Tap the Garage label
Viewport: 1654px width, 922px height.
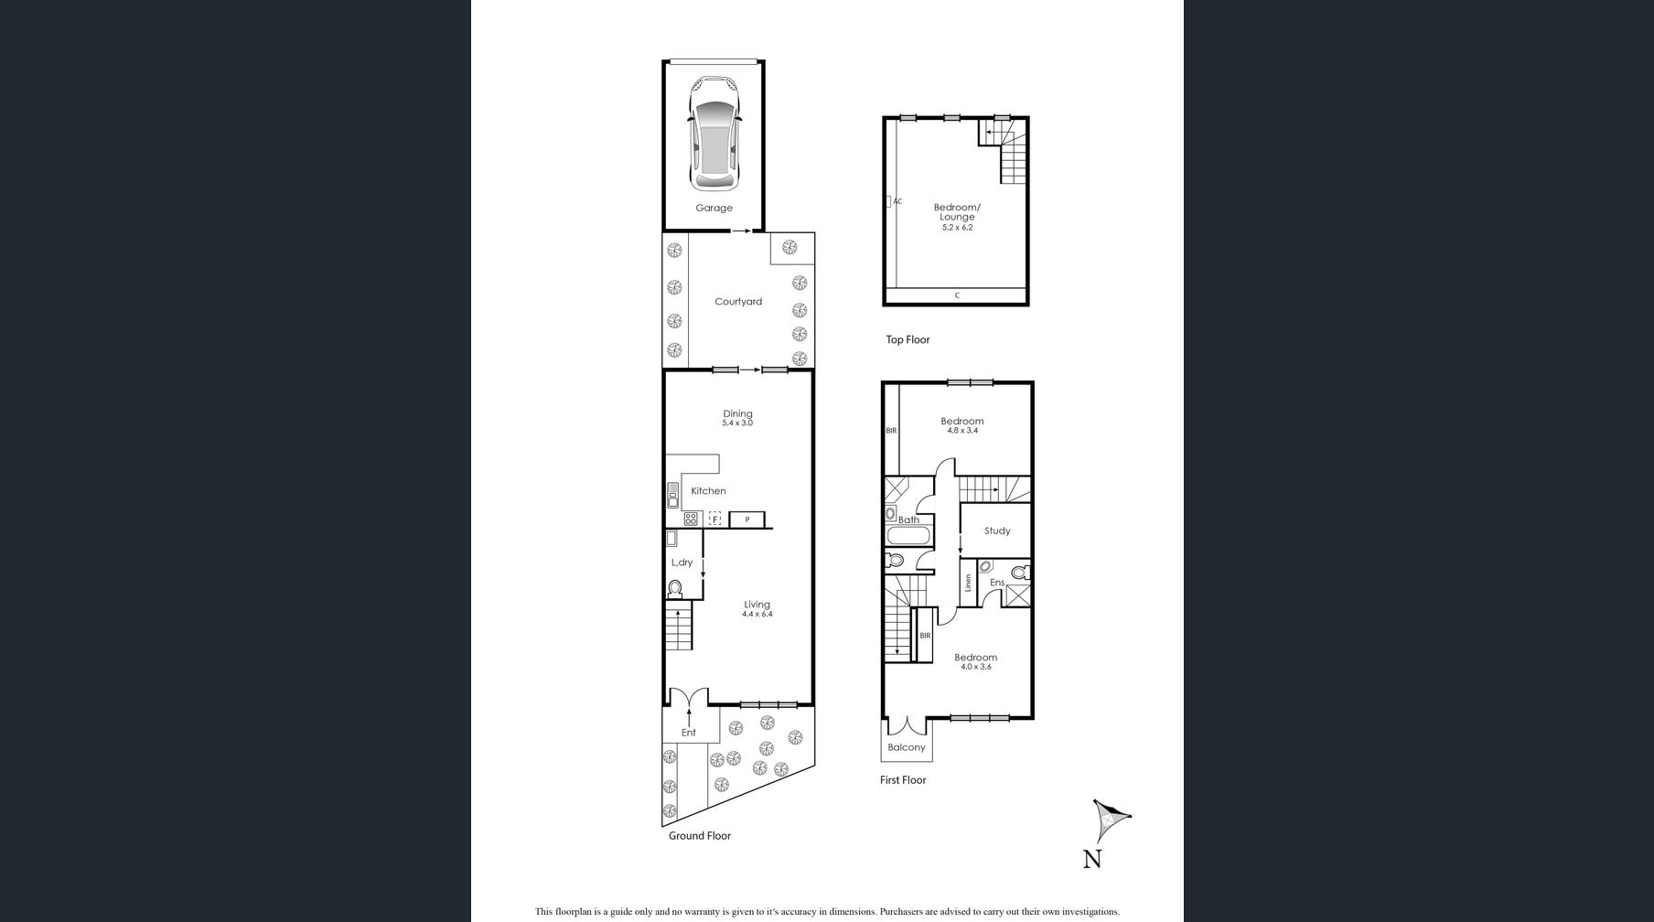point(714,208)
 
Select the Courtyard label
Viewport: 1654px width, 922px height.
point(737,301)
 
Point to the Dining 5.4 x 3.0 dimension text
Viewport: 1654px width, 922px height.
point(737,423)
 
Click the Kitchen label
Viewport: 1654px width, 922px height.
point(708,491)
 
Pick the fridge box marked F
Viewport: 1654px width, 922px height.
point(715,520)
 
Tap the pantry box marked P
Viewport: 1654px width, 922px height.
point(746,520)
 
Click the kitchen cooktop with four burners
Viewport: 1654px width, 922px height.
point(691,520)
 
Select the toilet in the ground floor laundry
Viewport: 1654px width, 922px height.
point(675,588)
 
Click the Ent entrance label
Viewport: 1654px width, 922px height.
point(688,733)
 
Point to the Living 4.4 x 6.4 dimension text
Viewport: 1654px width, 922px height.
point(757,615)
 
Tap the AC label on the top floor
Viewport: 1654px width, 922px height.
point(897,201)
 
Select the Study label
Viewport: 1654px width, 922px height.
point(997,531)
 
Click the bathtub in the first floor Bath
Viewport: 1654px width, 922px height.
point(908,536)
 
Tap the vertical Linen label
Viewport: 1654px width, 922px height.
point(968,583)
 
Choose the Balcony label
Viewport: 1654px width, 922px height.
point(907,747)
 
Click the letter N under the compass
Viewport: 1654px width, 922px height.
point(1092,858)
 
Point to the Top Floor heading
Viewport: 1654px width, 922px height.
point(908,339)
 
